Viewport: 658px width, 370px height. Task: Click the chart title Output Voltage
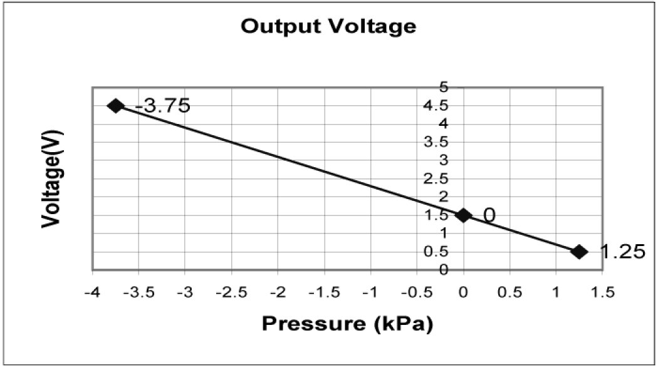pyautogui.click(x=328, y=27)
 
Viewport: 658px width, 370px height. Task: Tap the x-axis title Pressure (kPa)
pyautogui.click(x=347, y=324)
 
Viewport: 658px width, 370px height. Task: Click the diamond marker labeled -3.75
pyautogui.click(x=115, y=106)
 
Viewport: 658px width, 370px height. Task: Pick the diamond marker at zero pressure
pyautogui.click(x=463, y=215)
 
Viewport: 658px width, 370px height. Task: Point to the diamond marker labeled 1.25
pyautogui.click(x=579, y=252)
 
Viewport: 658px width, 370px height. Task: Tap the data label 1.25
pyautogui.click(x=622, y=252)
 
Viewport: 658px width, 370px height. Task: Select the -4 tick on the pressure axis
pyautogui.click(x=93, y=293)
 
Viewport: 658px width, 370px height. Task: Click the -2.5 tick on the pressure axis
pyautogui.click(x=232, y=293)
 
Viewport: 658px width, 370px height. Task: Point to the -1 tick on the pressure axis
pyautogui.click(x=371, y=293)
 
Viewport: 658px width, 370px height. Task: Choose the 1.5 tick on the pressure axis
pyautogui.click(x=602, y=293)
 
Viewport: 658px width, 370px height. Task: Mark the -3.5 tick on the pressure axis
pyautogui.click(x=139, y=293)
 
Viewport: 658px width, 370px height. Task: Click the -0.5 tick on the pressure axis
pyautogui.click(x=417, y=293)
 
